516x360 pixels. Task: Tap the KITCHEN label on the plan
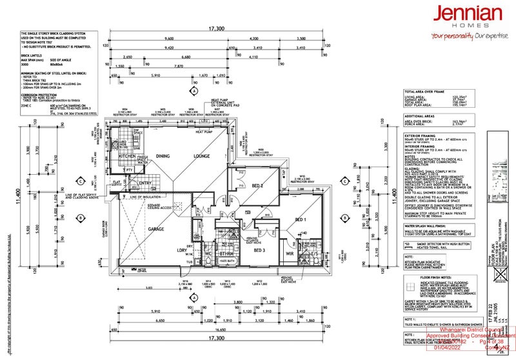pos(127,157)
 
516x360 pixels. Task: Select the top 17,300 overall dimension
pos(216,29)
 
